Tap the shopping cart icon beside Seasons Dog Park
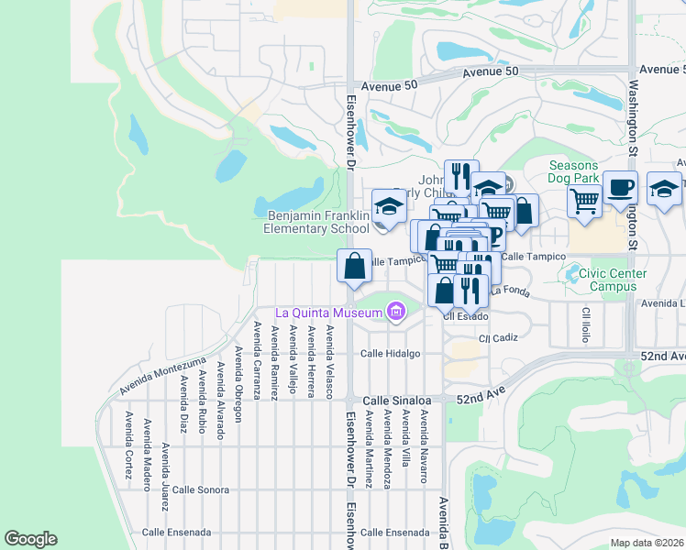pos(584,198)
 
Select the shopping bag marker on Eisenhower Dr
pos(355,267)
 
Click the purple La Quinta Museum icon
pos(396,313)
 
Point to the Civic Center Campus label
pos(600,280)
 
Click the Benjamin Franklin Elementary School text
pos(317,222)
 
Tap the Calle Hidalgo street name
pos(390,353)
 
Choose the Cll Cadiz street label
pos(500,337)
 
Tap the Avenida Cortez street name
pos(127,437)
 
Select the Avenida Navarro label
pos(424,445)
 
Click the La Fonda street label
pos(510,291)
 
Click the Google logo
pos(30,539)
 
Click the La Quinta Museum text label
pos(326,313)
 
